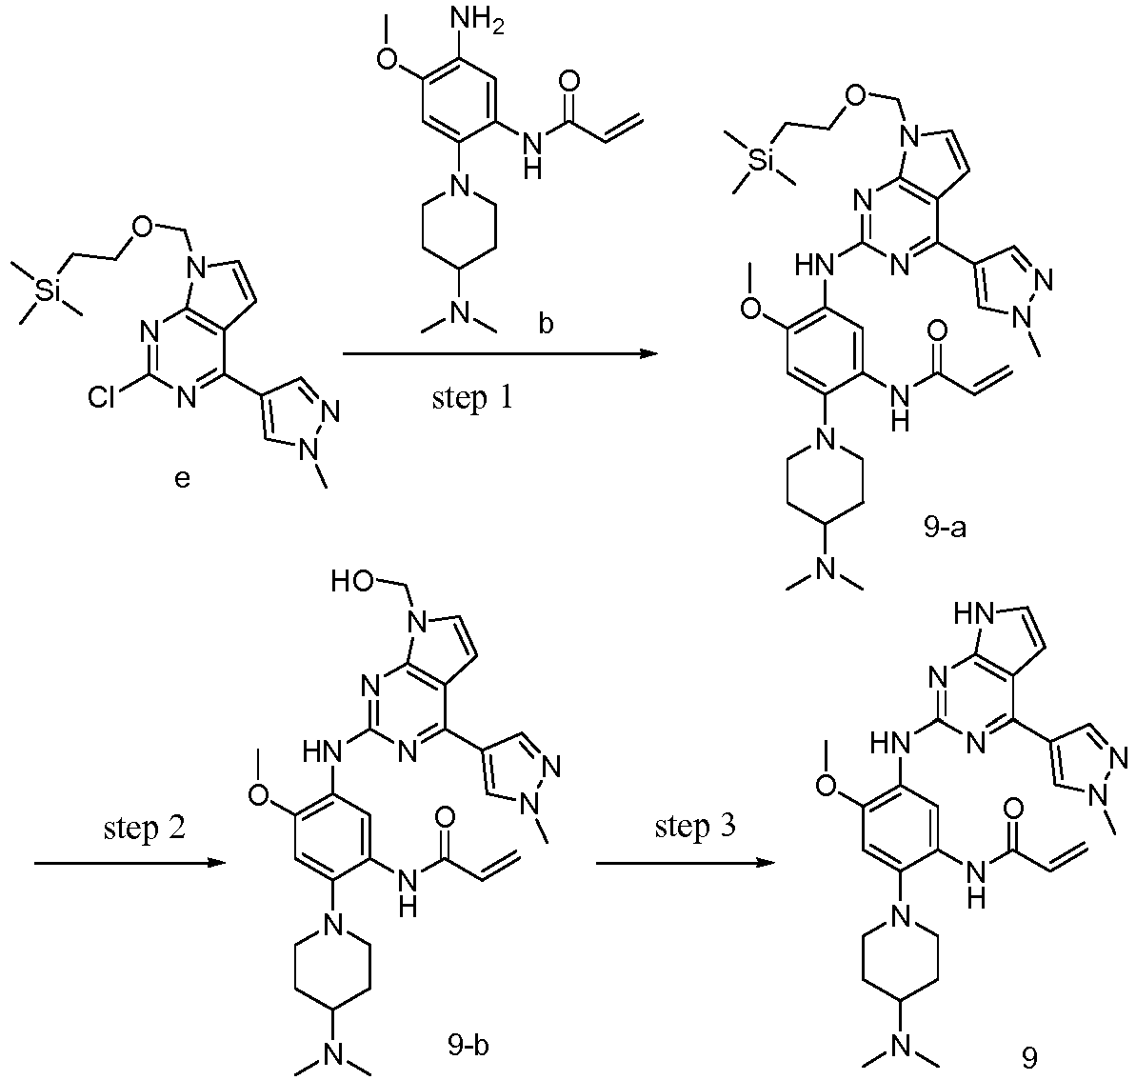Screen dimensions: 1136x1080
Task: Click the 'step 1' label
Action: click(x=471, y=398)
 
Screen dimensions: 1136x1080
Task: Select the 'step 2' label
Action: click(x=144, y=827)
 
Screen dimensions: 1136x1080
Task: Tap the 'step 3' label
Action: click(x=695, y=827)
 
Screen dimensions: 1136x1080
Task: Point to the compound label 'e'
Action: click(x=182, y=479)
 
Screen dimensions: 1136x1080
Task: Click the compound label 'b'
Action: click(x=546, y=324)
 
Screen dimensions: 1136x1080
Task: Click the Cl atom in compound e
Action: click(x=102, y=398)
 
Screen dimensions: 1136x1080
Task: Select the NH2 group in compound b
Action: click(x=477, y=20)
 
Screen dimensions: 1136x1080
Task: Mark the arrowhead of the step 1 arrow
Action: click(x=648, y=353)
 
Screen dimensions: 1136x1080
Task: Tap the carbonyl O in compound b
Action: click(x=570, y=81)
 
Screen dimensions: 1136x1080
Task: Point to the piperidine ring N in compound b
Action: click(x=457, y=187)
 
